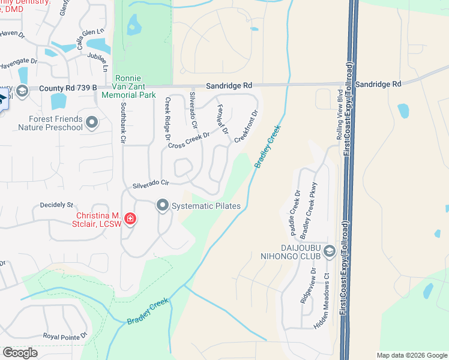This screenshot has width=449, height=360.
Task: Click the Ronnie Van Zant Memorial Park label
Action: click(128, 86)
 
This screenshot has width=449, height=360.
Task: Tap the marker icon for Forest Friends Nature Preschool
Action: click(92, 123)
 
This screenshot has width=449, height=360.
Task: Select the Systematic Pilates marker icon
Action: click(163, 206)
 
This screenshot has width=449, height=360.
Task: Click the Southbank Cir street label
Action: click(123, 122)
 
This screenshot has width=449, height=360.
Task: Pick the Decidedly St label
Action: click(56, 205)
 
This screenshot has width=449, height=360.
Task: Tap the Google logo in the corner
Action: click(20, 353)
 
